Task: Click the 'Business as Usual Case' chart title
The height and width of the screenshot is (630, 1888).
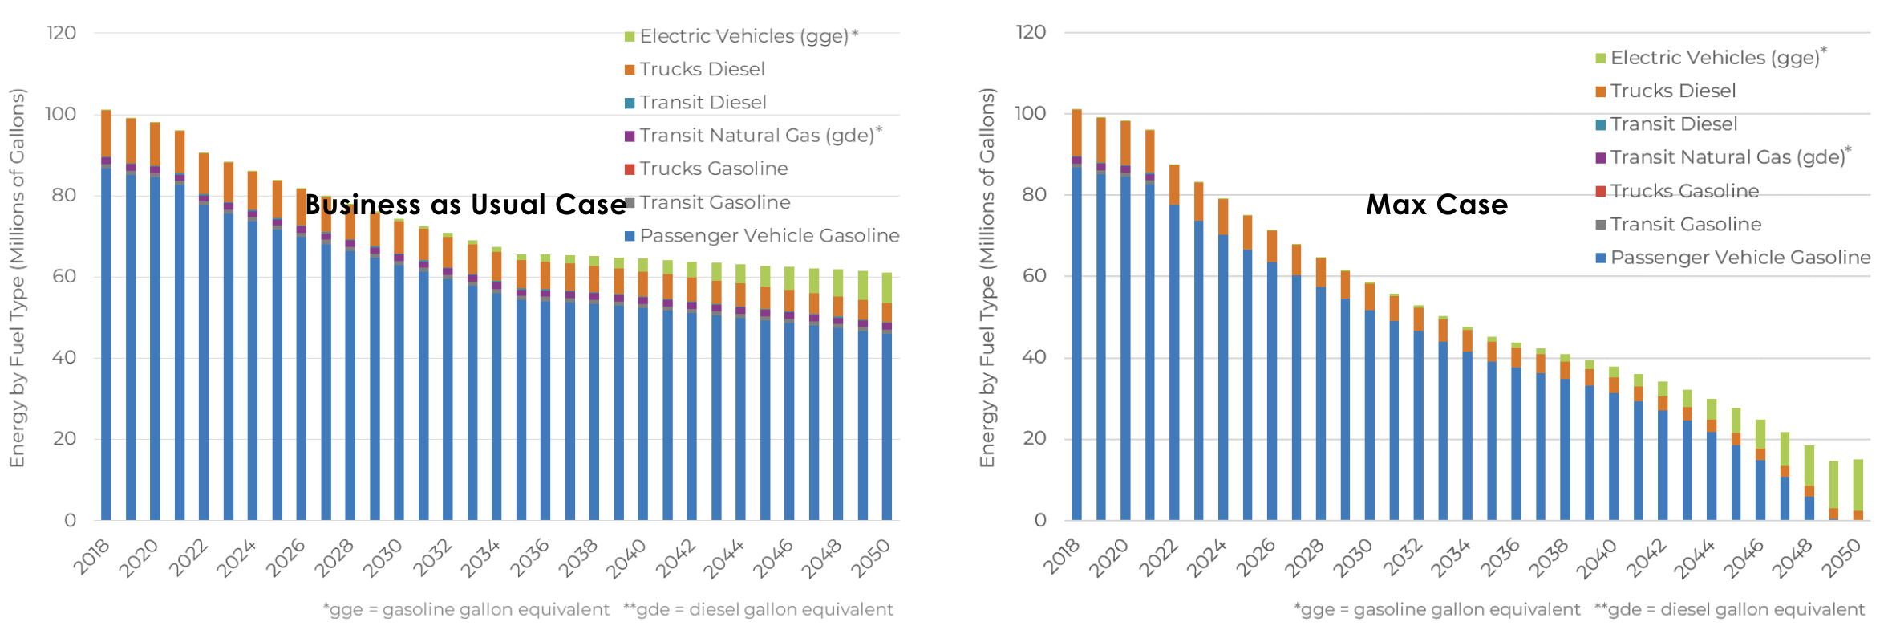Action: tap(465, 205)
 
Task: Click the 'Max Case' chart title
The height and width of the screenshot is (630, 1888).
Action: tap(1436, 205)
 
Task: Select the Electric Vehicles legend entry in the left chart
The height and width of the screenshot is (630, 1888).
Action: tap(743, 36)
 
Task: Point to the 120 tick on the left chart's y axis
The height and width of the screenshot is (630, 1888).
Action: tap(61, 33)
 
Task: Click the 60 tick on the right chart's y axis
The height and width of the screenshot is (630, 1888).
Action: tap(1034, 276)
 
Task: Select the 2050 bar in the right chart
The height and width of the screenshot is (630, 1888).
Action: tap(1858, 490)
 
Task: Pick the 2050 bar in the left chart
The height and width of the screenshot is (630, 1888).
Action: tap(887, 401)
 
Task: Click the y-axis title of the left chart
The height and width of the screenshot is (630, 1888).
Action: tap(17, 277)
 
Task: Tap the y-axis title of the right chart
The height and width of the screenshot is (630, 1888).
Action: tap(987, 277)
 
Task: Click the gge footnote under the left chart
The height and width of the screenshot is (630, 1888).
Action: tap(466, 610)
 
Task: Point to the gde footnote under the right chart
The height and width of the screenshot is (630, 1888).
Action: tap(1729, 610)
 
